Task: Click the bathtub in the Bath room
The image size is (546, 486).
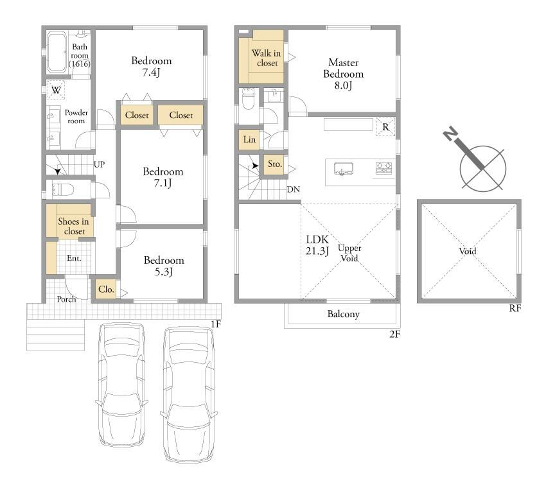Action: point(57,52)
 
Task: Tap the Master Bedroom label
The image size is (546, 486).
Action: point(344,74)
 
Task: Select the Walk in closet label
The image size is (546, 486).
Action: point(267,58)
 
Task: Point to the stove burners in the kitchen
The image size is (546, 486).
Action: point(383,168)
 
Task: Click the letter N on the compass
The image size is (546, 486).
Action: point(450,134)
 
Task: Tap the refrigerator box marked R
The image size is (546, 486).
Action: point(385,127)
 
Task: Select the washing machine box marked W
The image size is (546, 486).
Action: point(56,90)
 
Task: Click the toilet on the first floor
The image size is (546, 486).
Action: point(63,190)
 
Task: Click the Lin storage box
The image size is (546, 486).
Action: point(249,139)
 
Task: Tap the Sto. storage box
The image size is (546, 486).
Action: point(275,164)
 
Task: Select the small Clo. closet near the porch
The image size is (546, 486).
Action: point(106,290)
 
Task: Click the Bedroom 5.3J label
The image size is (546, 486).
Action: point(164,266)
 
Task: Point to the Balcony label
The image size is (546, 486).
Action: point(344,315)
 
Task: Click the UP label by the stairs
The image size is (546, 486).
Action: point(99,164)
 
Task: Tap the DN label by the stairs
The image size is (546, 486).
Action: point(293,189)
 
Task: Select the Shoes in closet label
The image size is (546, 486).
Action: point(73,226)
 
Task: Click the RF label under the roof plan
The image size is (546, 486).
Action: point(515,308)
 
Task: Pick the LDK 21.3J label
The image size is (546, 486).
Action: point(317,245)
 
